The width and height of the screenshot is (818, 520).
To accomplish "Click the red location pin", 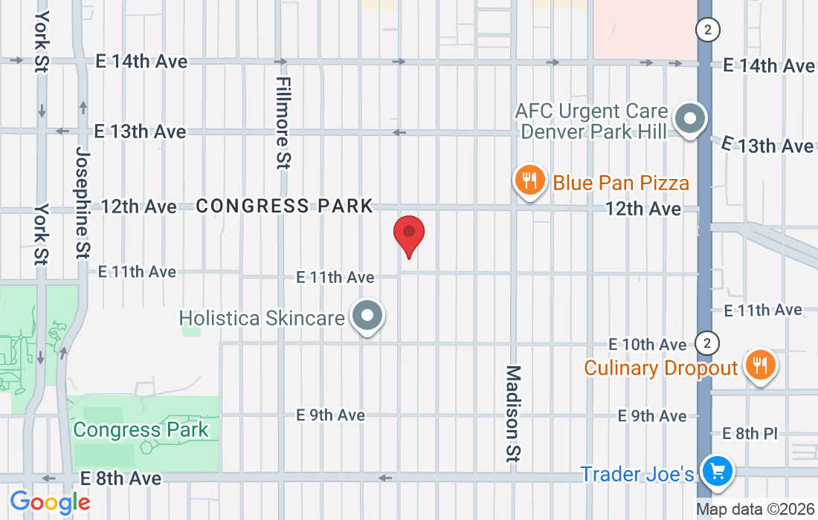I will [x=408, y=233].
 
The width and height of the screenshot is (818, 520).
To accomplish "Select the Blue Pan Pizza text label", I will [x=621, y=182].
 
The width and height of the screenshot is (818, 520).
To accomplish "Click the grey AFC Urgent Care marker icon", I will [x=689, y=119].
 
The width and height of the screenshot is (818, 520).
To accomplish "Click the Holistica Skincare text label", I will [x=262, y=319].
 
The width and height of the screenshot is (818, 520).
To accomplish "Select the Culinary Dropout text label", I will [x=661, y=368].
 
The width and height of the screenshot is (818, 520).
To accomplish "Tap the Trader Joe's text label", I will [x=637, y=474].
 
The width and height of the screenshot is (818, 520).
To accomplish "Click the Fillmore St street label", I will [x=282, y=123].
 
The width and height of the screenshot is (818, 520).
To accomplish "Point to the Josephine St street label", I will [x=83, y=201].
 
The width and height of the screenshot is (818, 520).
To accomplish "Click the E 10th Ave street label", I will [x=647, y=345].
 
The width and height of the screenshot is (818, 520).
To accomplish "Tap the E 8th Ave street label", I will [x=120, y=478].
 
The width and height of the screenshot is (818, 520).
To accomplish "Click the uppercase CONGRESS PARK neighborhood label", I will [x=285, y=206].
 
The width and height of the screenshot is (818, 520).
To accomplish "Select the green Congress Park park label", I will [x=141, y=429].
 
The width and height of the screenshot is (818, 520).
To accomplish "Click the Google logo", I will [x=50, y=503].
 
